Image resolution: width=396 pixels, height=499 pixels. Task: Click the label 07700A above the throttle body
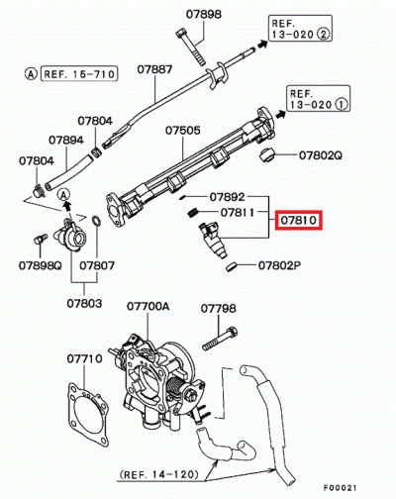(152, 308)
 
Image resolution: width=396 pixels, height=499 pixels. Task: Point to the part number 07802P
(281, 265)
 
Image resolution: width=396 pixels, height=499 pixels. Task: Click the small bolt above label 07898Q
(40, 240)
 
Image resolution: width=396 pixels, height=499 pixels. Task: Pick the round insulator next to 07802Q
(263, 154)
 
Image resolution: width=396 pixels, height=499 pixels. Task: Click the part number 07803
(84, 302)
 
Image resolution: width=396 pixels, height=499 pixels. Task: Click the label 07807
(96, 265)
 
